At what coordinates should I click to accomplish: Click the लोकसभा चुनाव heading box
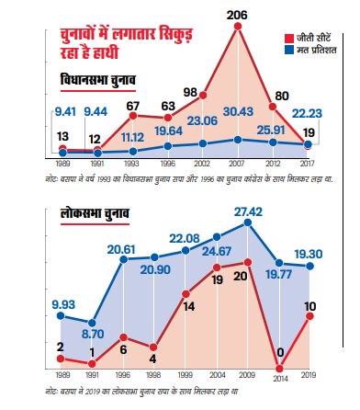click(x=90, y=214)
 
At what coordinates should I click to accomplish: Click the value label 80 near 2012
click(x=281, y=95)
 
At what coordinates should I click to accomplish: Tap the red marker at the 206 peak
click(x=238, y=28)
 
